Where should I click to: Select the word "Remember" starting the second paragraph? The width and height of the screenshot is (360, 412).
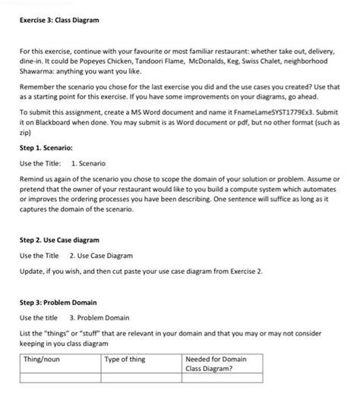coord(40,87)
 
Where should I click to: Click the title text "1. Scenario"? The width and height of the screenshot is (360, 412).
coord(87,164)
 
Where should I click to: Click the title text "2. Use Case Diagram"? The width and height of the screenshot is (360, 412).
coord(103,255)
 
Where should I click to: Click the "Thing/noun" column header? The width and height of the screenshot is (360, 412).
coord(43,359)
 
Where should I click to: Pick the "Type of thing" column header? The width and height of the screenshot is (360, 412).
coord(126,359)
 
